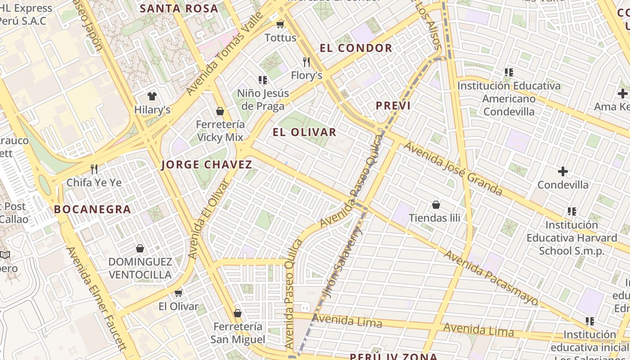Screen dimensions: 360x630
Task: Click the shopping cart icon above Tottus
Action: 280,24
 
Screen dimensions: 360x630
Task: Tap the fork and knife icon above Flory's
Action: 306,62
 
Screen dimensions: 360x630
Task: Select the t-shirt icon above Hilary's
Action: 152,96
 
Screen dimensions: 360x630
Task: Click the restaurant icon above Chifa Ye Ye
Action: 94,169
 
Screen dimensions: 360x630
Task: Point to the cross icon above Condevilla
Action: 562,171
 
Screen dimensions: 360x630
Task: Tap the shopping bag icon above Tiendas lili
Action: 436,205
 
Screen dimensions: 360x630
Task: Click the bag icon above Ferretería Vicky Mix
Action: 220,111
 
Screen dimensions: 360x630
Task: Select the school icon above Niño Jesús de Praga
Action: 263,80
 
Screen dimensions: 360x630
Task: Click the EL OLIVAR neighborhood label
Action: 305,132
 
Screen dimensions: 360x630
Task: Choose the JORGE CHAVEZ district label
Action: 207,165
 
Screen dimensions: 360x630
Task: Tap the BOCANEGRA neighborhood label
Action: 92,209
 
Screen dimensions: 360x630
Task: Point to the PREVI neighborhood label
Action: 393,106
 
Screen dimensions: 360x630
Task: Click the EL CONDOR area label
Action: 356,48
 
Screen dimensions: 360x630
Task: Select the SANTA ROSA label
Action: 179,8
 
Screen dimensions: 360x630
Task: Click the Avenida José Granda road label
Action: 452,169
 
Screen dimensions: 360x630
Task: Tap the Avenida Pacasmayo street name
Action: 491,278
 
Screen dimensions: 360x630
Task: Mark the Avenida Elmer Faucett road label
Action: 97,298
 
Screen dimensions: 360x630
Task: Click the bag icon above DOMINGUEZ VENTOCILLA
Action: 140,248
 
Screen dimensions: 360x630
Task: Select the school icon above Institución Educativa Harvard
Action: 572,211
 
